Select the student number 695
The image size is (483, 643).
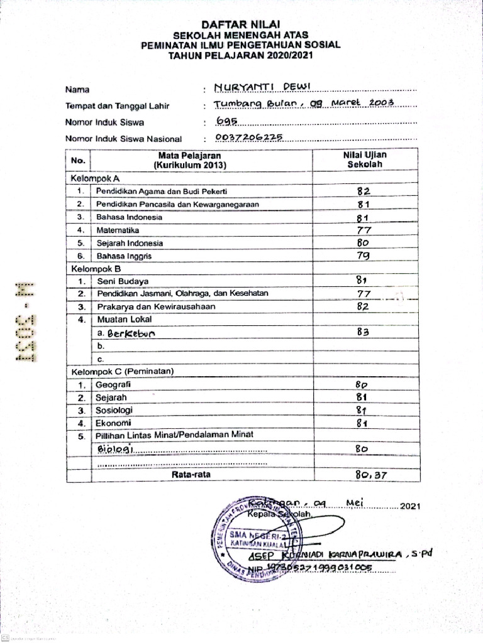pyautogui.click(x=225, y=121)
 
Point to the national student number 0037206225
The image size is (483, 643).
pyautogui.click(x=249, y=138)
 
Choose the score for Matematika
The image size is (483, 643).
pyautogui.click(x=365, y=230)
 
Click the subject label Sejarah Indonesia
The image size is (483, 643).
pyautogui.click(x=130, y=243)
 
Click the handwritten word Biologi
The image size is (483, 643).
pyautogui.click(x=116, y=449)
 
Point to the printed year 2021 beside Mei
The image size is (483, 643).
pyautogui.click(x=409, y=505)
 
